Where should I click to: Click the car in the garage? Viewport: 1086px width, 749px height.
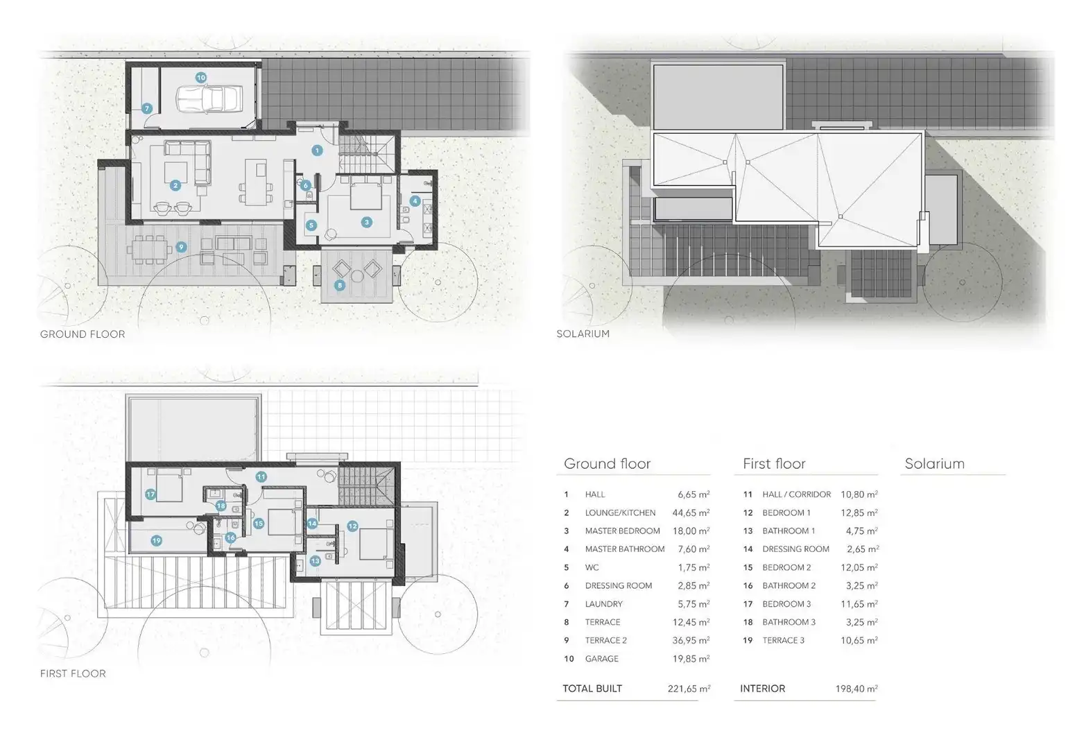(x=209, y=99)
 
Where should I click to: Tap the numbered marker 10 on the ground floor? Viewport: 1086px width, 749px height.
(x=200, y=78)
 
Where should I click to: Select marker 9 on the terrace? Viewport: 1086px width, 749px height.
(x=181, y=248)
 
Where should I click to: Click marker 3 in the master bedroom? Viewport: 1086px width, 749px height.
(x=367, y=223)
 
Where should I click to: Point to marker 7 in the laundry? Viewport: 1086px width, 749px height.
(x=147, y=109)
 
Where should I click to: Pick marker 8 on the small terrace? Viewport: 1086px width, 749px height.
(x=339, y=285)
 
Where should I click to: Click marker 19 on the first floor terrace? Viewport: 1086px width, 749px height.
(x=156, y=540)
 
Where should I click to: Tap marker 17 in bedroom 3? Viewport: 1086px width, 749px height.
(x=150, y=494)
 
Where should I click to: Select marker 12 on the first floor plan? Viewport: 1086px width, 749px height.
(x=352, y=526)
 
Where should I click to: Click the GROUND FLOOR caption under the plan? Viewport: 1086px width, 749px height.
(x=83, y=334)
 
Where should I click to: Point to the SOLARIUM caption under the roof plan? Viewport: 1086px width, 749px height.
(x=583, y=334)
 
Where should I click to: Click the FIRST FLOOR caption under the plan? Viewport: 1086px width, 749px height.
(x=73, y=673)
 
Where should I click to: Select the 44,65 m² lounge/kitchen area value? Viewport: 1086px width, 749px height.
(x=691, y=513)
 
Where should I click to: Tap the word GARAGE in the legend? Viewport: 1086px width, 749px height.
(x=602, y=658)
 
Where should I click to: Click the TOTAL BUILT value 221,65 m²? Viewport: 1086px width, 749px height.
(x=689, y=689)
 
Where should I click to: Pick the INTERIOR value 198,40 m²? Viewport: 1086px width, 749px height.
(x=856, y=689)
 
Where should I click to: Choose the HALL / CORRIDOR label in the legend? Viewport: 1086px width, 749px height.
(x=797, y=494)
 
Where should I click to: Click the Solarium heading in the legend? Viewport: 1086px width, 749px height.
(x=934, y=463)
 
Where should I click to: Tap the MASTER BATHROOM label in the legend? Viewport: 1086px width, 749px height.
(x=624, y=549)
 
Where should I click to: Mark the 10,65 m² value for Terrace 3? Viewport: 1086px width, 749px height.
(x=859, y=640)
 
